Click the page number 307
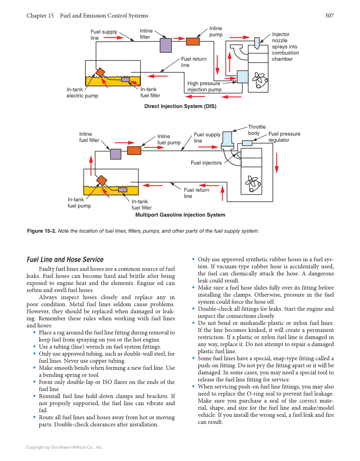[329, 16]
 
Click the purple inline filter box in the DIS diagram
[165, 45]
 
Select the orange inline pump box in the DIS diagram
[193, 41]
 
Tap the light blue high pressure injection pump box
[243, 77]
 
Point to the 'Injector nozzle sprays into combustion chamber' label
[285, 47]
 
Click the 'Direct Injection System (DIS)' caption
[180, 106]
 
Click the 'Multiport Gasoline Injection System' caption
[180, 215]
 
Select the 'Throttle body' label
[257, 130]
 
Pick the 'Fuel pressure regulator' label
[284, 137]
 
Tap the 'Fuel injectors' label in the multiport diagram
[206, 163]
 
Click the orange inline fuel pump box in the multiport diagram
[134, 150]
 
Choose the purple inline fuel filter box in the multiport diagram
[115, 154]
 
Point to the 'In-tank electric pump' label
[82, 92]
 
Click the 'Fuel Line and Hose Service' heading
[65, 260]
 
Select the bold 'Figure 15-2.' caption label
[41, 231]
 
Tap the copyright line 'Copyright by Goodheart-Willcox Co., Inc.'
[64, 447]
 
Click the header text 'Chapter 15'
[40, 16]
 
